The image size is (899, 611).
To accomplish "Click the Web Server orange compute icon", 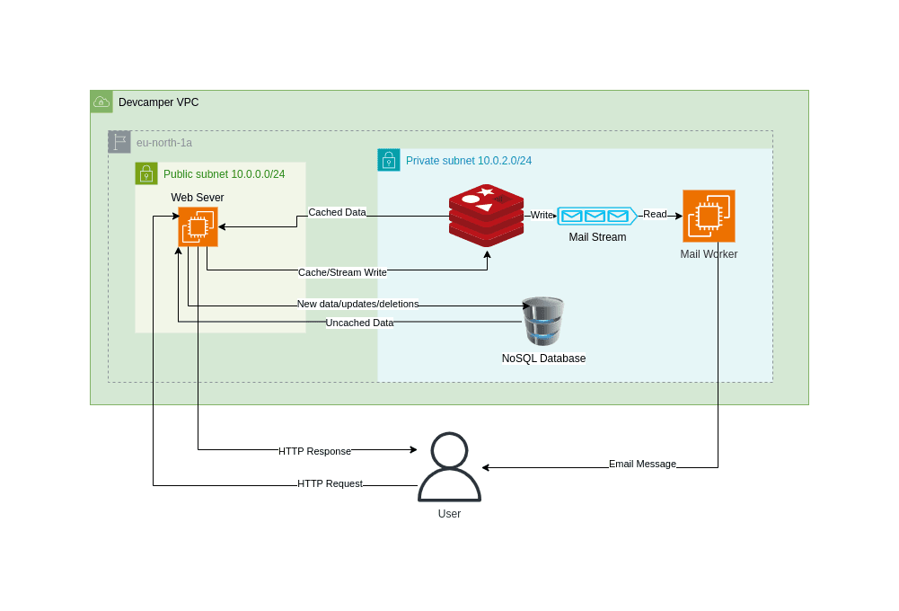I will tap(198, 226).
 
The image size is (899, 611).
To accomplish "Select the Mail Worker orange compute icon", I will tap(709, 216).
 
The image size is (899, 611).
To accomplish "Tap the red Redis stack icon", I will tap(486, 216).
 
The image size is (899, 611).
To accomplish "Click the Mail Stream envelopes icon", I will tap(596, 216).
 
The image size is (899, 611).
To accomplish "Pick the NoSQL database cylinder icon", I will tap(543, 321).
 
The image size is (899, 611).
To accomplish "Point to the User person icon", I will tap(449, 467).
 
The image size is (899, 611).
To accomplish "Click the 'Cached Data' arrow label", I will tap(337, 213).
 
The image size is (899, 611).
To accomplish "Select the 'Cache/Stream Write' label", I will tap(342, 272).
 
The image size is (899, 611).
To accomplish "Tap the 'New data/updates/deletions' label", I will tap(357, 304).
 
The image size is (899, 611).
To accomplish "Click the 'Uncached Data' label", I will tap(359, 323).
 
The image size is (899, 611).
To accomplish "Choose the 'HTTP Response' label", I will tap(314, 451).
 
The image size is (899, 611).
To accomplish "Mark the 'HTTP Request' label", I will tap(330, 483).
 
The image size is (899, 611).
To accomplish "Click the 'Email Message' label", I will tap(642, 464).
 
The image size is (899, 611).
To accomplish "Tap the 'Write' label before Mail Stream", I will tap(542, 215).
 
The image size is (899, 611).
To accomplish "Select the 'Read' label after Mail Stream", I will tap(655, 214).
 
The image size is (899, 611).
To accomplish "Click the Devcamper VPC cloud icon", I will tap(101, 102).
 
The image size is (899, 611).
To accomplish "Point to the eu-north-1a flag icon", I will tap(119, 142).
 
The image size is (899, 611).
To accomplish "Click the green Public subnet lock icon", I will tap(146, 173).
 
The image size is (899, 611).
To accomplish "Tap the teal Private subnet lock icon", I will tap(389, 160).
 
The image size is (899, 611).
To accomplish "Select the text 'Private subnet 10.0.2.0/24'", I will tap(469, 161).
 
